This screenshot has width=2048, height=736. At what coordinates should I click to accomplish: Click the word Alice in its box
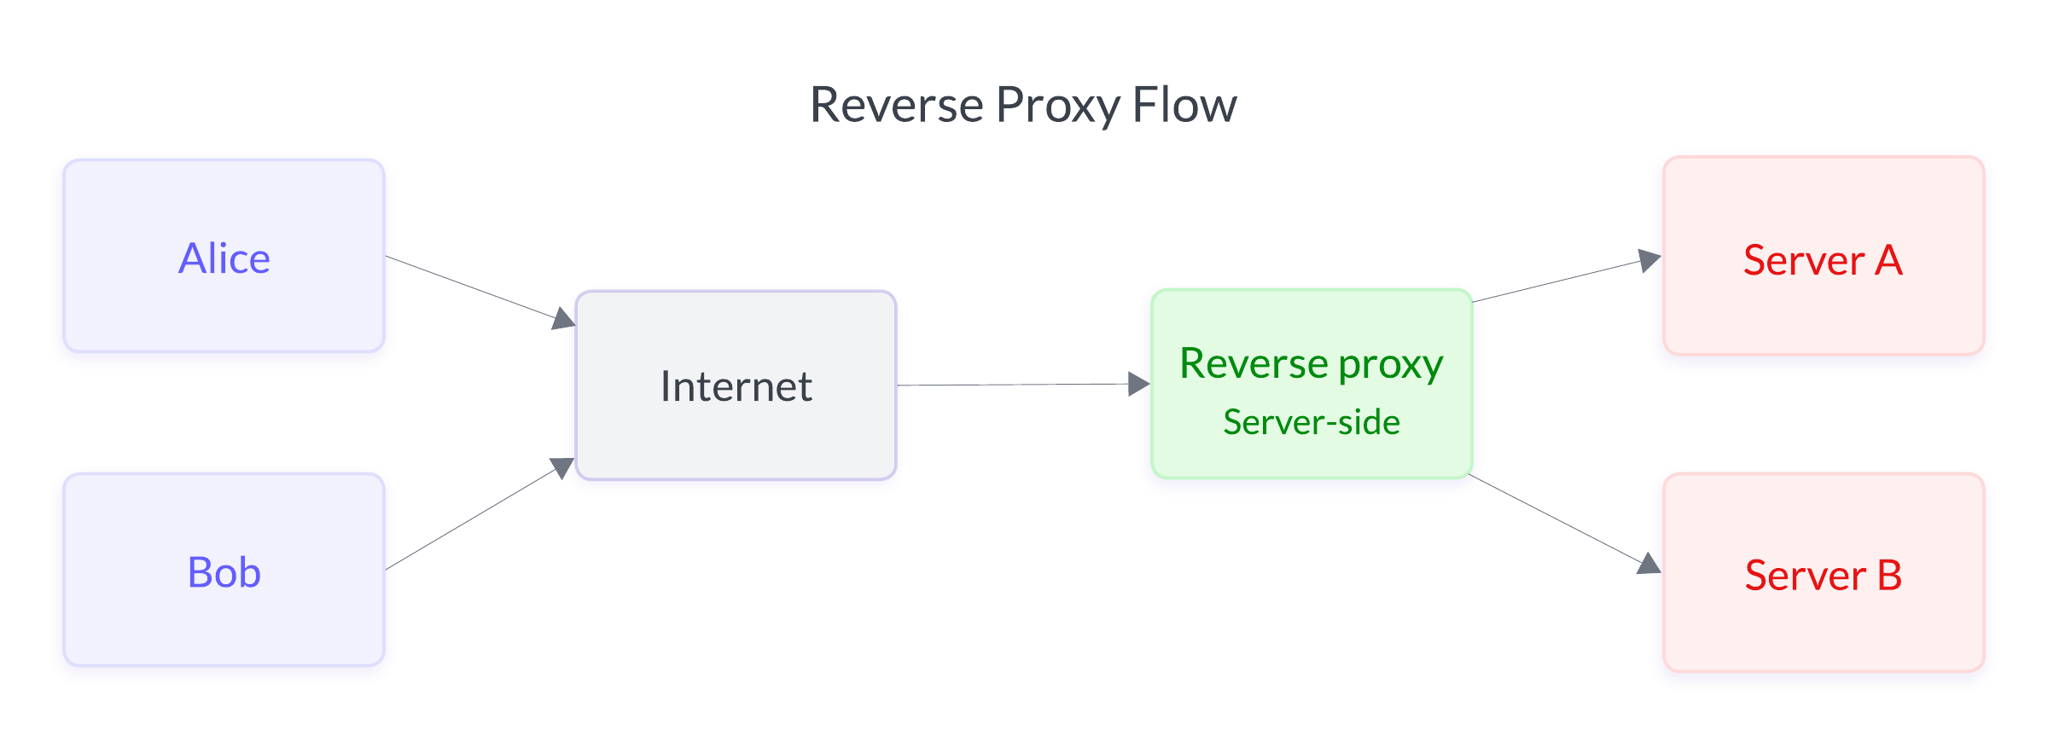click(x=224, y=258)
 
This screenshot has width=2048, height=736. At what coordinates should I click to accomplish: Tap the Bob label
click(x=224, y=572)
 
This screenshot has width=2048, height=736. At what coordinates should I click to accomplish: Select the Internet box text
click(x=736, y=386)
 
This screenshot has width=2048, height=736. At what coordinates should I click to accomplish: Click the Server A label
click(x=1823, y=260)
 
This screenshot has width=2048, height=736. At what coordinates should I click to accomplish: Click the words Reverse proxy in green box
click(x=1311, y=364)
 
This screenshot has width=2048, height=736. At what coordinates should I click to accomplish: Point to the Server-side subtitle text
click(x=1311, y=422)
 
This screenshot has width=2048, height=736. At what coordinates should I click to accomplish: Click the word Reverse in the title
click(x=897, y=105)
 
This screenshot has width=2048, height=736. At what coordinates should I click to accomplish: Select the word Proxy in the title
click(x=1057, y=105)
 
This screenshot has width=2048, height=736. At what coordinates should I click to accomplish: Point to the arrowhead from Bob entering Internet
click(x=562, y=467)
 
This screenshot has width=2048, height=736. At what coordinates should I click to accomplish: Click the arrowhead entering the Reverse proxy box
click(x=1138, y=384)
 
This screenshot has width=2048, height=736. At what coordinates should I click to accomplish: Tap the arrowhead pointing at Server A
click(x=1649, y=260)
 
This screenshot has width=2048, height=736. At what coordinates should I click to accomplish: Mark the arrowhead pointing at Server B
click(x=1649, y=565)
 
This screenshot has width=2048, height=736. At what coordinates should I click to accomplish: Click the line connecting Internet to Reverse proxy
click(x=1015, y=385)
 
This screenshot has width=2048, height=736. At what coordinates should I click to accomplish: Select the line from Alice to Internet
click(x=469, y=286)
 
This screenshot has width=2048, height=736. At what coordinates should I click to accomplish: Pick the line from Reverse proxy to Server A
click(x=1557, y=281)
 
